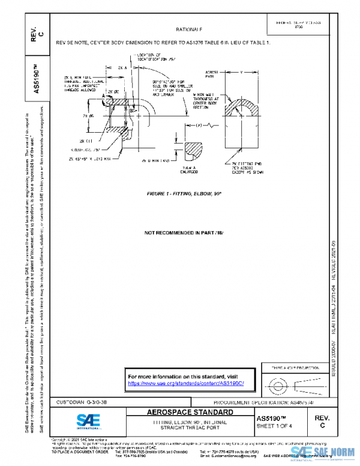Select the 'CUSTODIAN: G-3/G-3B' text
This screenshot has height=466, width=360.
click(82, 402)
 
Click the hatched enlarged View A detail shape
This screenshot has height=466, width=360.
click(196, 148)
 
